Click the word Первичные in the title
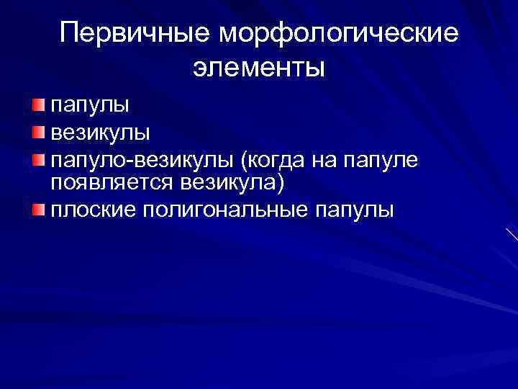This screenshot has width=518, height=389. (x=137, y=33)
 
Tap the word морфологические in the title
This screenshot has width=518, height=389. (x=340, y=35)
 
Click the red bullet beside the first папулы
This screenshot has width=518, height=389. (x=38, y=107)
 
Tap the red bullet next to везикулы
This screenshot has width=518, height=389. (x=38, y=133)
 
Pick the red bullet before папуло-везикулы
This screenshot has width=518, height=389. (x=38, y=158)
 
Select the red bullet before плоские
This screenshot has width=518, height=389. (x=38, y=210)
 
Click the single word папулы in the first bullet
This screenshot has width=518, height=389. (x=90, y=107)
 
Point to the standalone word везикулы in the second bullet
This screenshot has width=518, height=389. (x=100, y=133)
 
